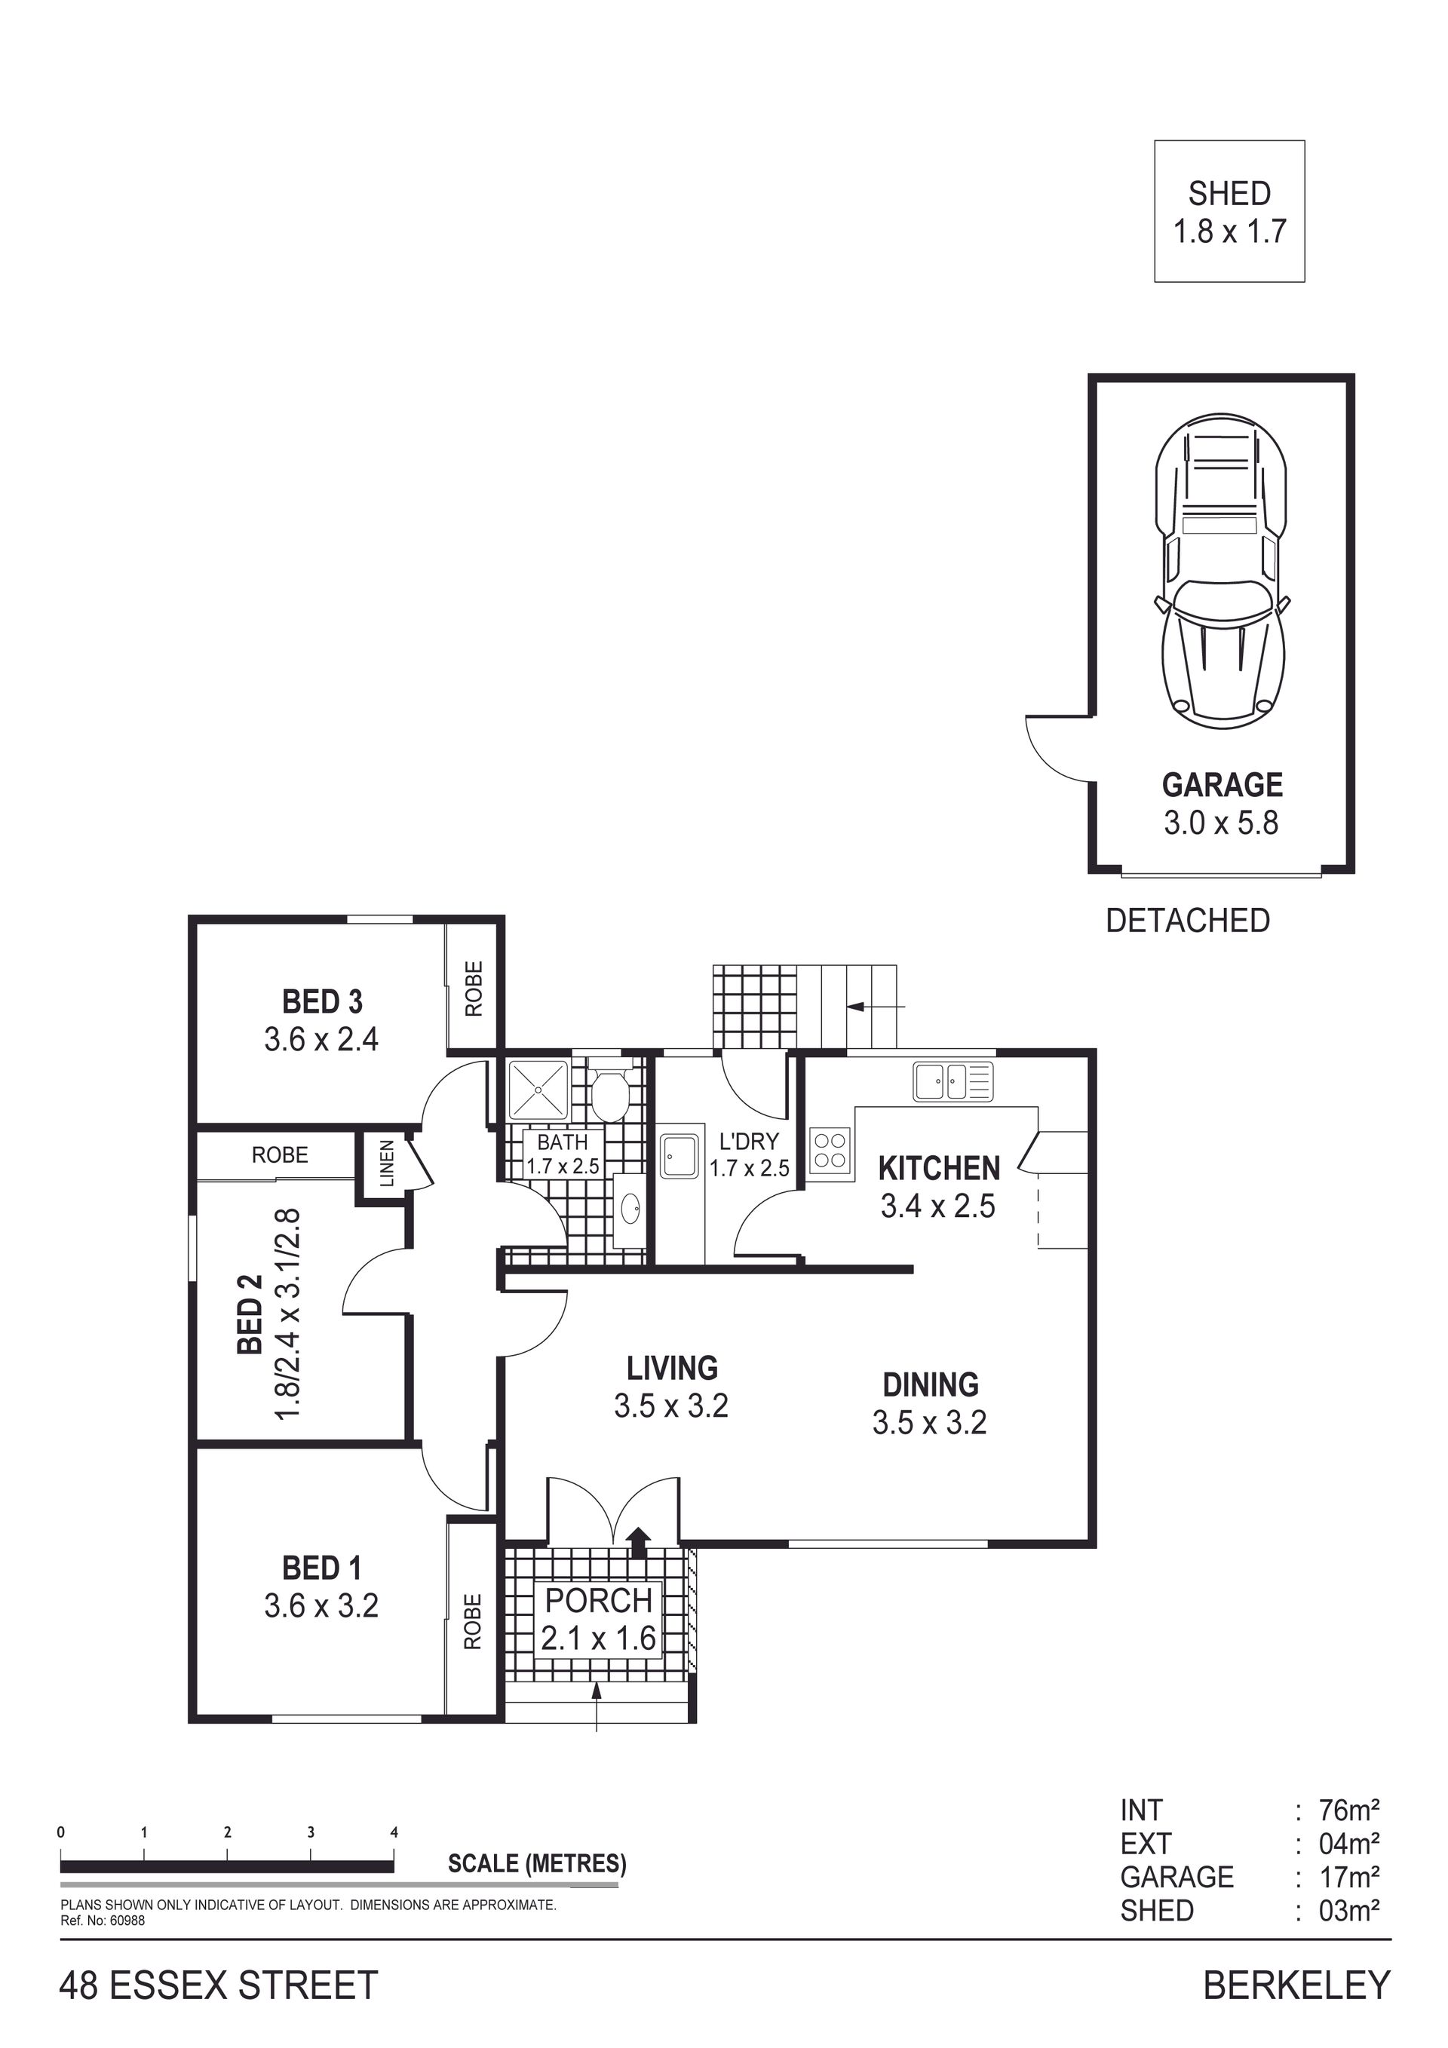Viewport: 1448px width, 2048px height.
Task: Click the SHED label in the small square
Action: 1229,194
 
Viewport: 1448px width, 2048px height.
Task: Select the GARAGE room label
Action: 1222,785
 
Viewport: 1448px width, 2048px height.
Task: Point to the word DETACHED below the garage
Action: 1188,921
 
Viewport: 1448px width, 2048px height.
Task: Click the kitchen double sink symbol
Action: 953,1081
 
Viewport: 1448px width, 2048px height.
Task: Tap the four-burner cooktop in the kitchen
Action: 830,1148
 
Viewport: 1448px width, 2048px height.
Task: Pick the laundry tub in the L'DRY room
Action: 680,1157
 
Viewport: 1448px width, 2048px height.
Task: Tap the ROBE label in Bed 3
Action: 474,989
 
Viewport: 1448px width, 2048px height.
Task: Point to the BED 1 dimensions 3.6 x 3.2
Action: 321,1605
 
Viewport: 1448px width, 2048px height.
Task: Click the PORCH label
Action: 599,1601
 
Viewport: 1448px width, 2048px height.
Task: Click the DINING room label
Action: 931,1384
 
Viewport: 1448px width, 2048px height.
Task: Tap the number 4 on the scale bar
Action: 394,1833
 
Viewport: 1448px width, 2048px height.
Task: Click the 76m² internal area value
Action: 1350,1810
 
